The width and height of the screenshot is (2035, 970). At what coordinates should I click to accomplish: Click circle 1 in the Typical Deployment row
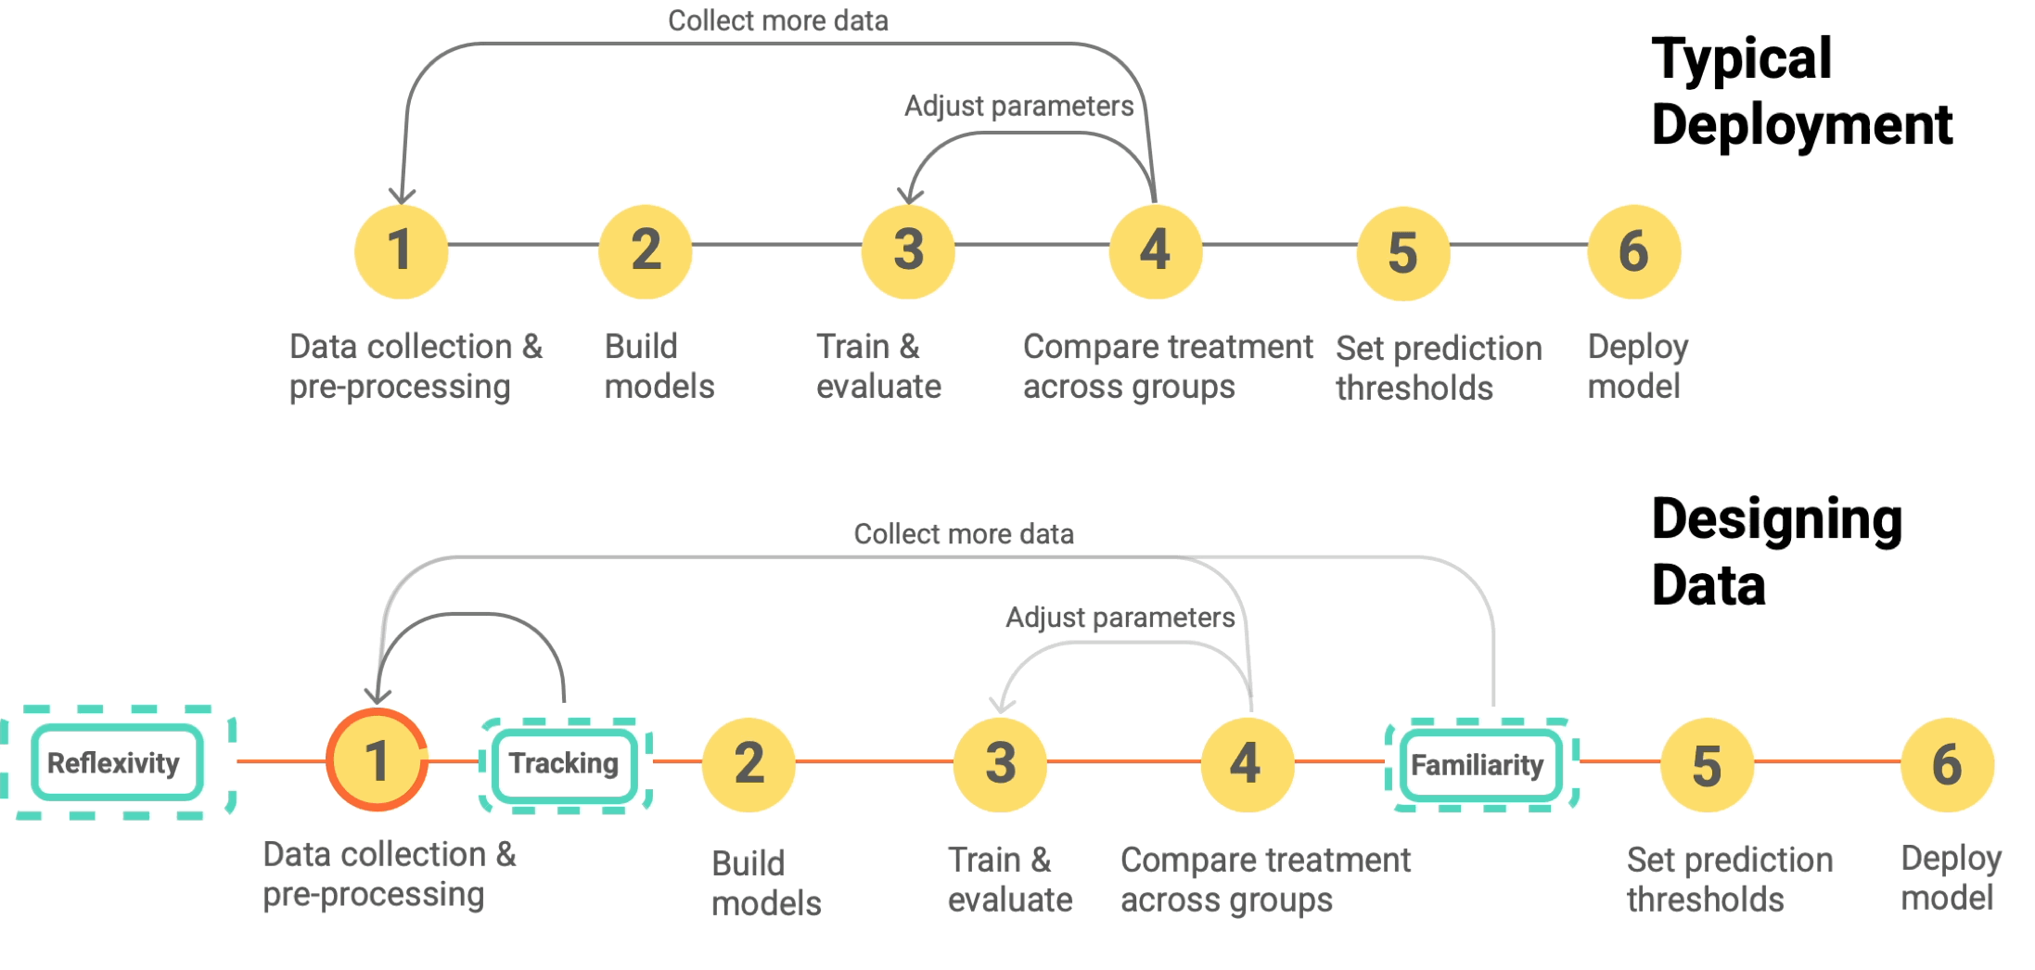(x=401, y=251)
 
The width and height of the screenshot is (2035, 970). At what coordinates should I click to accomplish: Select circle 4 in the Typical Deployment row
(x=1155, y=251)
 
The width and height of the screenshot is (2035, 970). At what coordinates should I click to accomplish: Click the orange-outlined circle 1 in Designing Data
(x=377, y=760)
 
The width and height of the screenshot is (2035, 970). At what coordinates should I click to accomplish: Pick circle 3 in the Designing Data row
(x=1000, y=763)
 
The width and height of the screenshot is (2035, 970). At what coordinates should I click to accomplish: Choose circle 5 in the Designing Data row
(x=1706, y=765)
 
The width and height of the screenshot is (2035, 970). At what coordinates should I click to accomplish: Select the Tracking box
(x=564, y=763)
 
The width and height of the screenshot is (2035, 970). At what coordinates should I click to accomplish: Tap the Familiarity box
(x=1478, y=765)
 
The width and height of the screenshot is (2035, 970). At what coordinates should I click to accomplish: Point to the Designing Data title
(x=1775, y=551)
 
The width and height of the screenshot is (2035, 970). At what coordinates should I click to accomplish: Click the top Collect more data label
(x=777, y=20)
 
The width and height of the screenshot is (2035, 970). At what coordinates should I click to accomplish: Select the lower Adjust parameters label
(x=1120, y=618)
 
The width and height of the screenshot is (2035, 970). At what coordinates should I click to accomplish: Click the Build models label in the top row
(x=659, y=366)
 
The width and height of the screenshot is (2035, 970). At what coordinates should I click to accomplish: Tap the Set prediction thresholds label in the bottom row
(x=1729, y=879)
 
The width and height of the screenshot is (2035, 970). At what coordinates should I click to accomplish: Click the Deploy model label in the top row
(x=1637, y=366)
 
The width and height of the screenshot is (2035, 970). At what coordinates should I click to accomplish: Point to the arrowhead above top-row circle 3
(x=910, y=196)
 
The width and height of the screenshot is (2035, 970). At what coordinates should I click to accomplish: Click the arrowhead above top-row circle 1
(x=402, y=196)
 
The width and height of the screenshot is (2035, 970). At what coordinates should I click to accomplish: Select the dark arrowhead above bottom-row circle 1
(x=378, y=696)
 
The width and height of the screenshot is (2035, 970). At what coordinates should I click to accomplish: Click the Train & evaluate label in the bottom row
(x=1009, y=879)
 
